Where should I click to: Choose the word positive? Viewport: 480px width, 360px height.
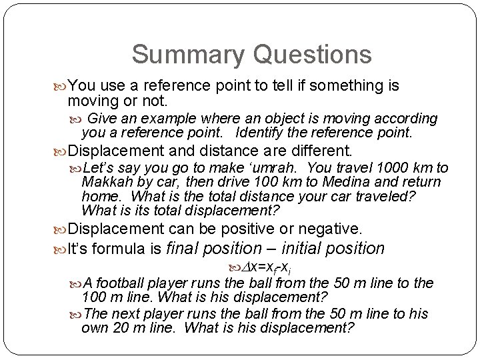[x=235, y=229]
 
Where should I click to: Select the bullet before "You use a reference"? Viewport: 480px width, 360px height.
[x=62, y=87]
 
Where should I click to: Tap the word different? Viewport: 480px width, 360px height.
[x=316, y=151]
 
